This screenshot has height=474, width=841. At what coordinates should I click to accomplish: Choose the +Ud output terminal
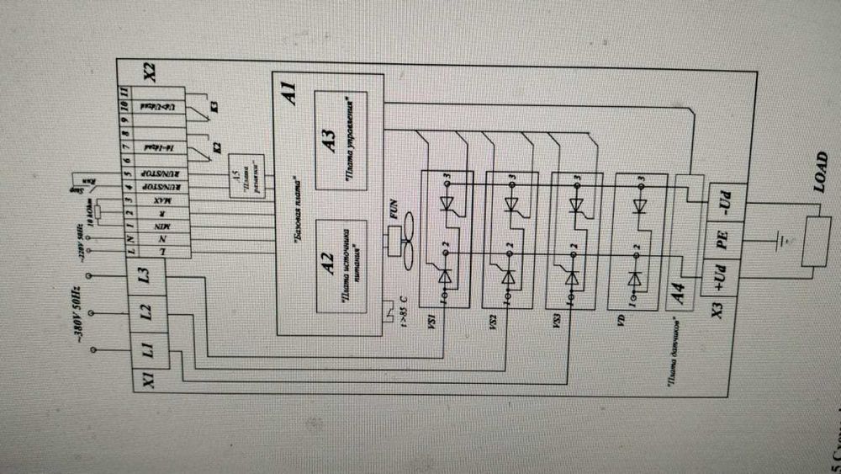pyautogui.click(x=722, y=278)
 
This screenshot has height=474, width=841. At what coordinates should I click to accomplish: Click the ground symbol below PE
pyautogui.click(x=781, y=239)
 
